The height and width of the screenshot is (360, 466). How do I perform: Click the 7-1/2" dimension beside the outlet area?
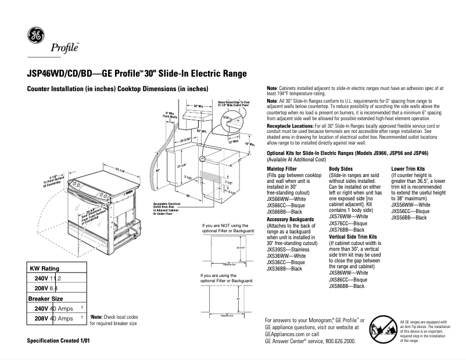click(229, 181)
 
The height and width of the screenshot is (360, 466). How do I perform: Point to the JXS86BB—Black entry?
click(347, 286)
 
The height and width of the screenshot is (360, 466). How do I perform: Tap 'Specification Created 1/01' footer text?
click(59, 339)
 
